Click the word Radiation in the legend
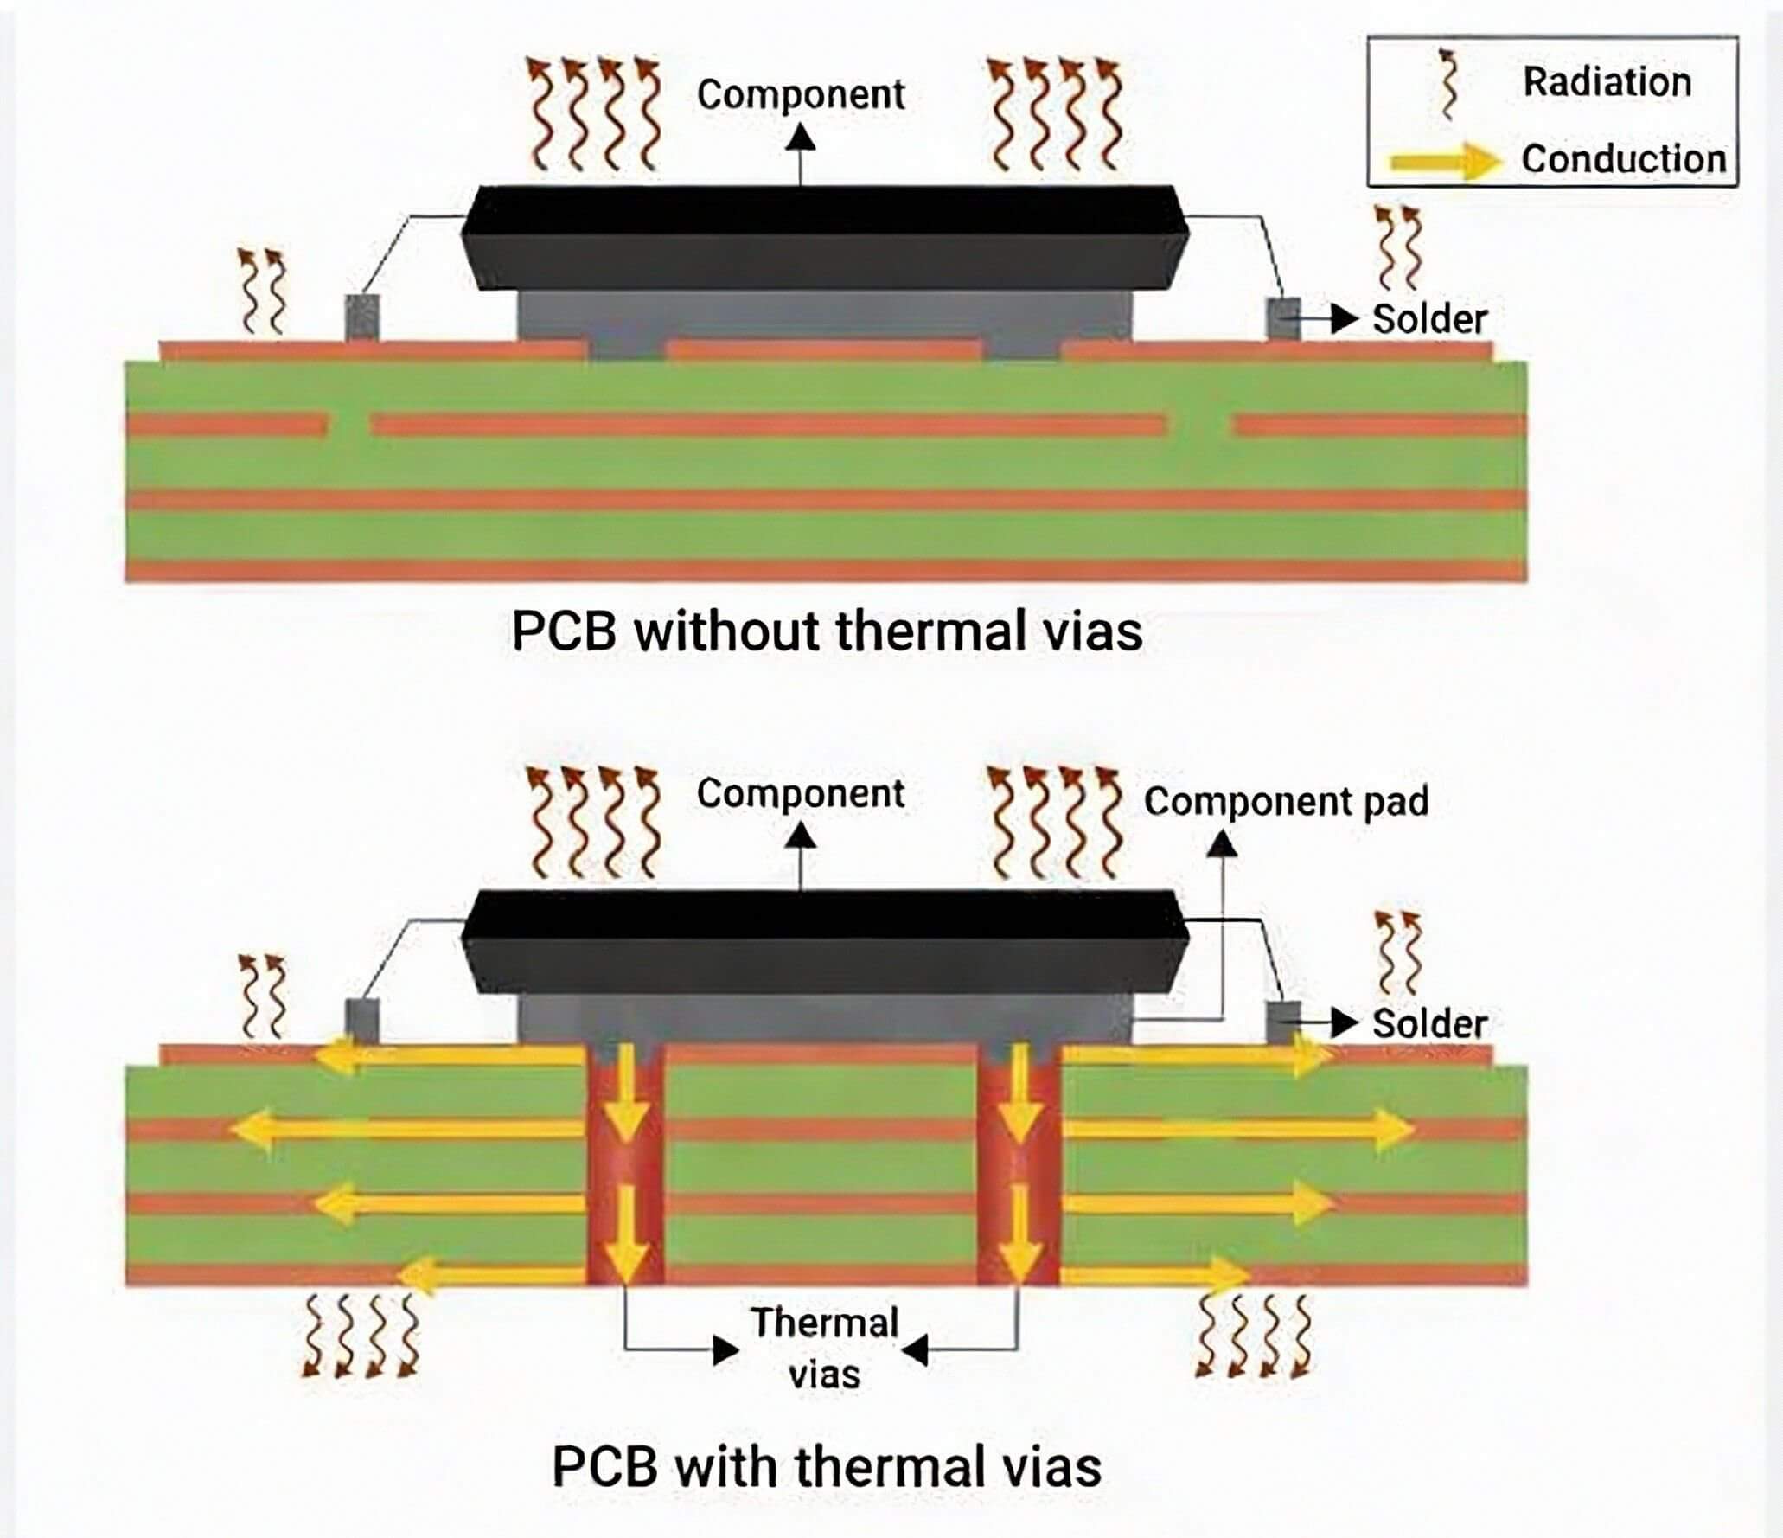(1607, 82)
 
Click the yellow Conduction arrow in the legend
(1445, 161)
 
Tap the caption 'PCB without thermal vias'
(827, 631)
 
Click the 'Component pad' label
(1286, 801)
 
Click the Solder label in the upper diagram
(1429, 319)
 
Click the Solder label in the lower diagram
(1429, 1024)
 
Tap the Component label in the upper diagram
(801, 95)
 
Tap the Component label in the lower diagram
(801, 794)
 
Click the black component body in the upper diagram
(825, 237)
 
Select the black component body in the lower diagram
(825, 941)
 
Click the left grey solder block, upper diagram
(361, 318)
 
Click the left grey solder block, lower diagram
(361, 1022)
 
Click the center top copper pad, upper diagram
(825, 350)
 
